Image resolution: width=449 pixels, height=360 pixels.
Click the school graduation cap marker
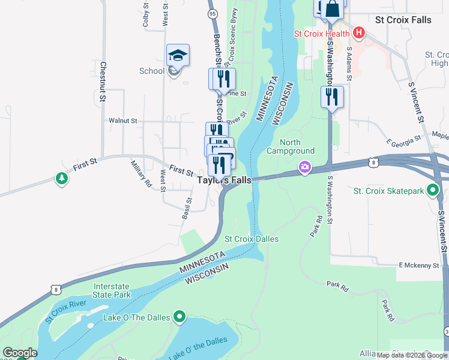click(x=178, y=55)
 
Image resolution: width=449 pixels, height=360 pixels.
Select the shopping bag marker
click(x=333, y=10)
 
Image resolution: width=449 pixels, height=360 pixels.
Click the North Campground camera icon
click(x=306, y=166)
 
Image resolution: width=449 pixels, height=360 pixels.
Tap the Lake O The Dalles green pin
click(x=179, y=316)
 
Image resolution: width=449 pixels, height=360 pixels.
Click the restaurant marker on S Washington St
click(x=332, y=97)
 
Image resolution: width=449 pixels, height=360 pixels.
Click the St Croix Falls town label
click(x=403, y=20)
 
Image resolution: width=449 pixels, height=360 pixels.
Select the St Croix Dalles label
click(x=252, y=239)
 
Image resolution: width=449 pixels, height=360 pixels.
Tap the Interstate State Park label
click(x=112, y=291)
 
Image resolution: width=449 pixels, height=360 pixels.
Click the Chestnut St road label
click(x=103, y=80)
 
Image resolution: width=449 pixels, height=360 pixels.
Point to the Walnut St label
click(x=123, y=121)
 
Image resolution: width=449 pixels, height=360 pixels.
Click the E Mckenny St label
click(x=419, y=265)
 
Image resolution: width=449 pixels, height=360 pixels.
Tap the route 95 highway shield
click(x=212, y=13)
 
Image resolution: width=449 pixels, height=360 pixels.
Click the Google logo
click(x=20, y=353)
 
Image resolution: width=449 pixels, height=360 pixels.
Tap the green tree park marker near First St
click(x=61, y=178)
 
